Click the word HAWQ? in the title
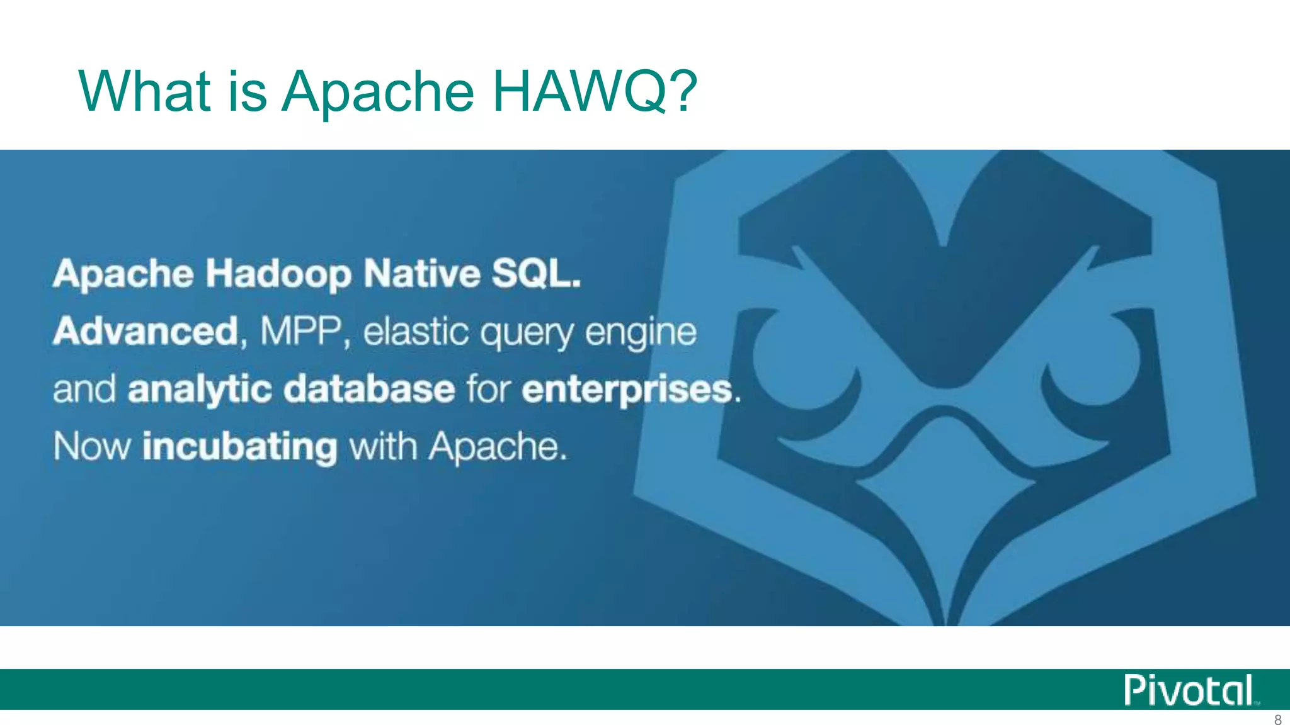pos(594,91)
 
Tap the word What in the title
pos(144,91)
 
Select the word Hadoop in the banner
pos(278,275)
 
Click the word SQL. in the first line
pos(536,274)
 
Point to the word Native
pos(422,274)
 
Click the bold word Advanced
pos(146,331)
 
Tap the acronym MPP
pos(301,331)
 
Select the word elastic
pos(416,331)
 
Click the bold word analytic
pos(200,390)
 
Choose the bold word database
pos(369,388)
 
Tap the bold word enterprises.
pos(627,390)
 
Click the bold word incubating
pos(240,447)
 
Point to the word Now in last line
pos(92,446)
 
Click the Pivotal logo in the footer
pos(1190,690)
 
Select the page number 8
pos(1277,720)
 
